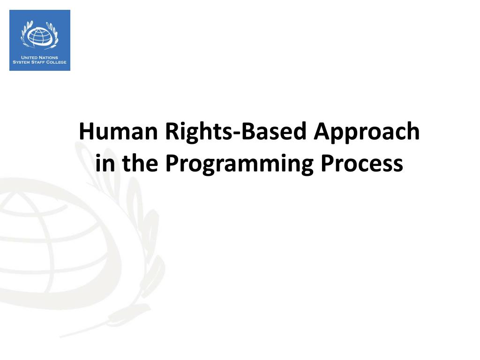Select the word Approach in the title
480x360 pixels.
pyautogui.click(x=367, y=132)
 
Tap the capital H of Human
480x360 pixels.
pyautogui.click(x=86, y=132)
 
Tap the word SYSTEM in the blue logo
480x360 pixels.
pyautogui.click(x=22, y=62)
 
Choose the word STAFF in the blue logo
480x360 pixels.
pyautogui.click(x=38, y=62)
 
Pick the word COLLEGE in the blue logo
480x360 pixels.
pyautogui.click(x=56, y=62)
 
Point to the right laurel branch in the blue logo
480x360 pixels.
pyautogui.click(x=54, y=34)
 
